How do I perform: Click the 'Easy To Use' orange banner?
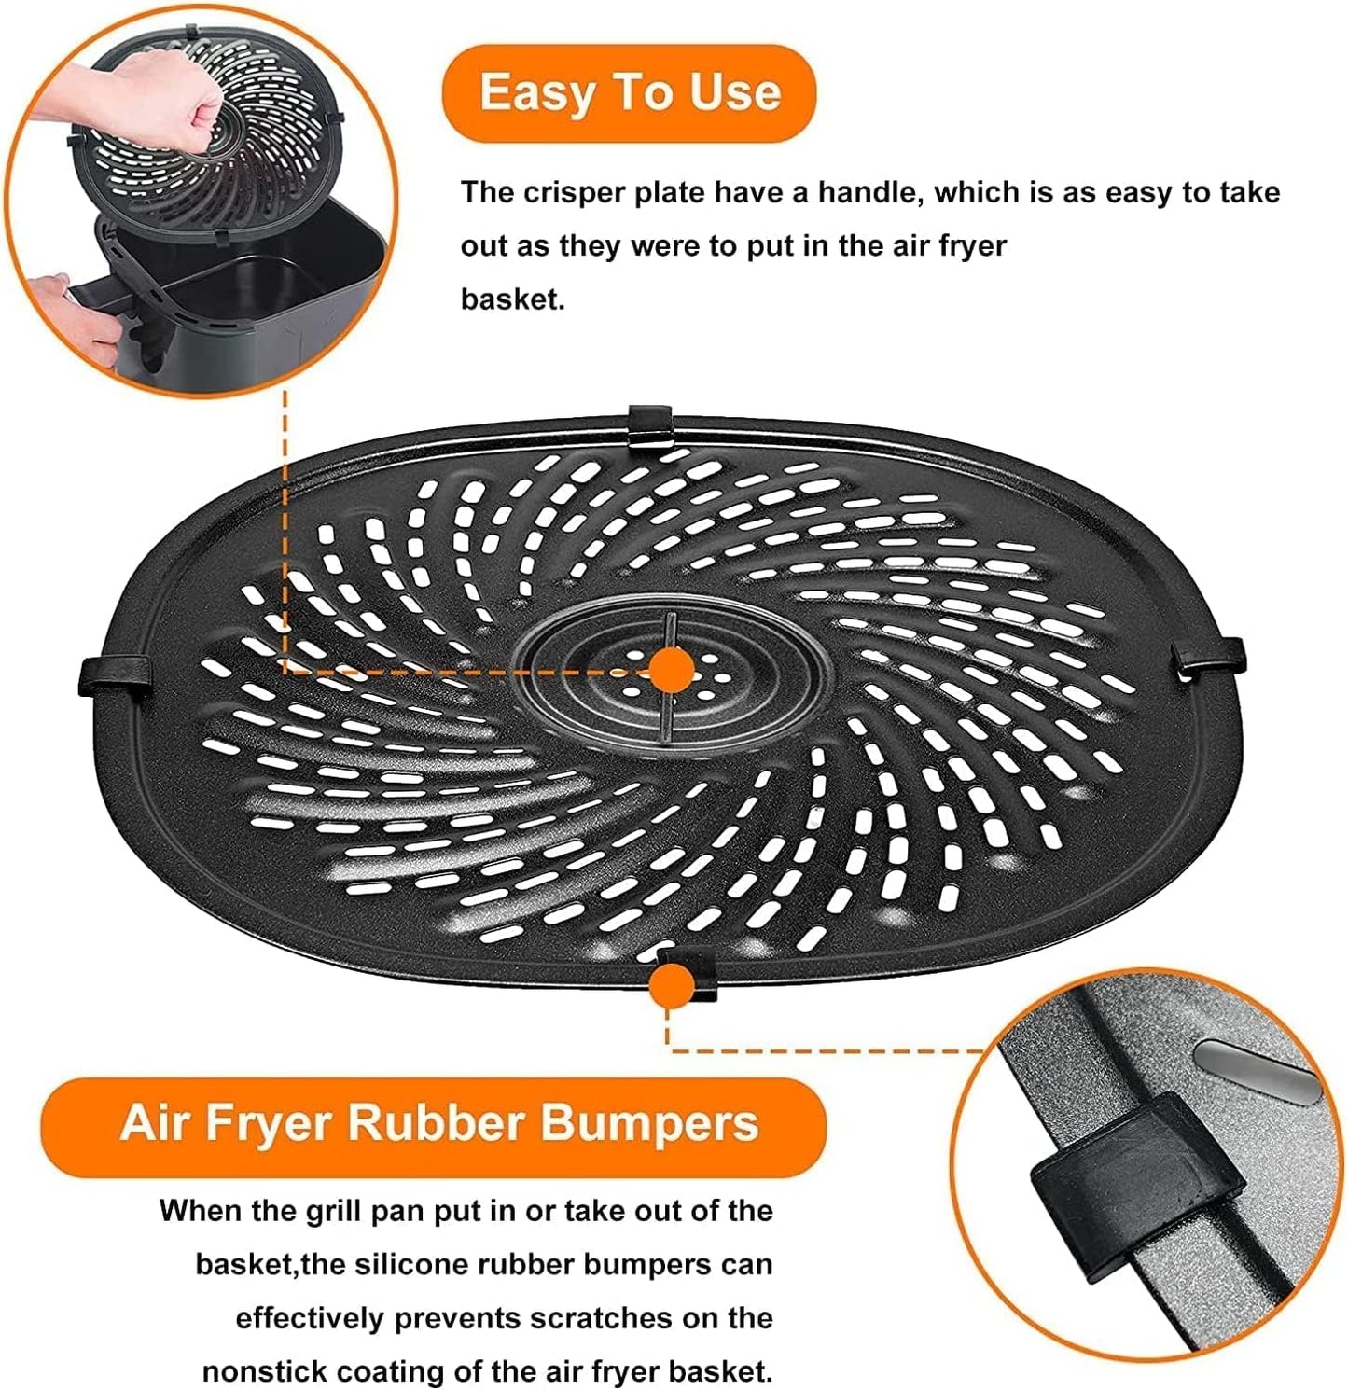click(x=630, y=93)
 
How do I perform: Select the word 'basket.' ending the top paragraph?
click(x=512, y=299)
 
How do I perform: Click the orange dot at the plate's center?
click(x=671, y=670)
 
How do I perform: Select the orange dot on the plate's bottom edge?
click(x=671, y=985)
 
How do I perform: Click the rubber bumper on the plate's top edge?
click(x=650, y=425)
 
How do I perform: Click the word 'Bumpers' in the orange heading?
click(x=650, y=1123)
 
